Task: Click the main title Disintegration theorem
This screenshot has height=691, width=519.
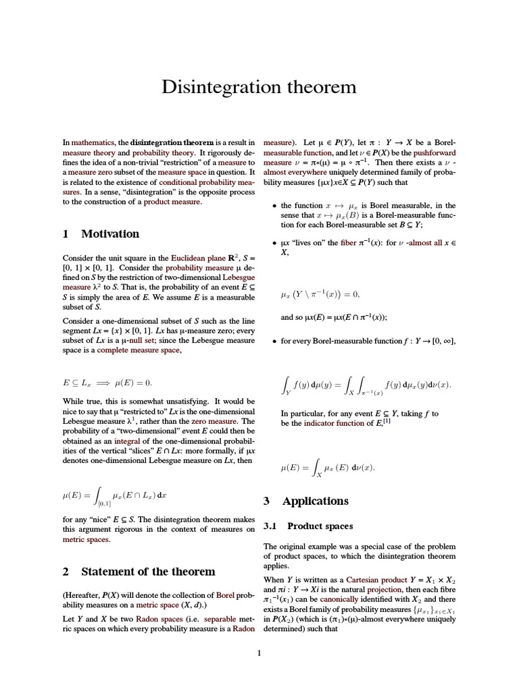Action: point(259,88)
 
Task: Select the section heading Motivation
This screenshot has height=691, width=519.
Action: point(109,234)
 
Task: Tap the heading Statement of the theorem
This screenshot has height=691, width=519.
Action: point(148,572)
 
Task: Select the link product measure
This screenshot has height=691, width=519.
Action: point(172,202)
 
